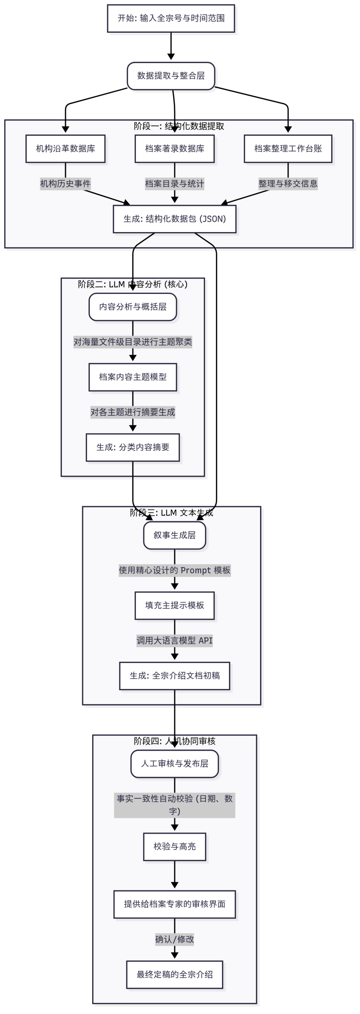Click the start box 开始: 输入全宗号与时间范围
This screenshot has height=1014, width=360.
tap(171, 18)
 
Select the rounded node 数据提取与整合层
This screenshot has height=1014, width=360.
tap(171, 76)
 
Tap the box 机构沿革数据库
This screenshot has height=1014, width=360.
tap(66, 149)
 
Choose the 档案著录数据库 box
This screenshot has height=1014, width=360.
tap(174, 149)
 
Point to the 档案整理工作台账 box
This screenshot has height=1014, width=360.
tap(288, 149)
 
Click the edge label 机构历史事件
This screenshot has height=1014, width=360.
tap(66, 184)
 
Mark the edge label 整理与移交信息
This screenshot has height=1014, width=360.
tap(288, 184)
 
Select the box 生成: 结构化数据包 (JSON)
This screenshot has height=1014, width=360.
tap(174, 219)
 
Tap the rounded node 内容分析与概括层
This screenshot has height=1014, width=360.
tap(133, 307)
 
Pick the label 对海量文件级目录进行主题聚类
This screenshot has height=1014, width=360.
tap(133, 342)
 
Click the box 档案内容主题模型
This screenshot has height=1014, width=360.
tap(133, 377)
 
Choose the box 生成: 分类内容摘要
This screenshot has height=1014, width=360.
tap(133, 448)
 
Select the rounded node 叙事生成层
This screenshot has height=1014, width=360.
tap(174, 535)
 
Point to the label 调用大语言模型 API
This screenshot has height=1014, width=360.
tap(174, 641)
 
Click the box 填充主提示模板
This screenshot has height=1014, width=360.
tap(174, 606)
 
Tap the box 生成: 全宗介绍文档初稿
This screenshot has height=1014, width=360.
tap(174, 676)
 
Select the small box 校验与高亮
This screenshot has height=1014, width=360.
tap(174, 847)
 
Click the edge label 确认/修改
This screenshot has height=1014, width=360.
tap(174, 940)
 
